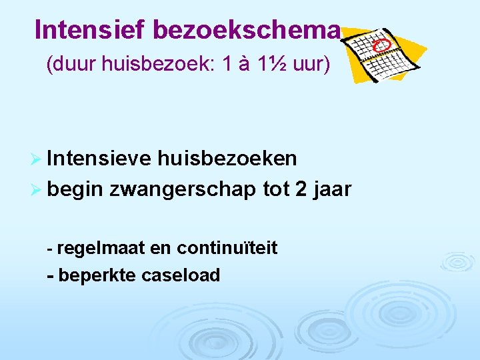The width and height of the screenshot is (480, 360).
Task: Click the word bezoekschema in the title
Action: point(247,29)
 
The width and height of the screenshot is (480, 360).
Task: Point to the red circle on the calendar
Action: point(382,45)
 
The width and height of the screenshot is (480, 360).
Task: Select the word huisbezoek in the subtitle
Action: point(155,65)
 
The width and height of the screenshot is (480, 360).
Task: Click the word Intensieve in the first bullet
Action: point(101,159)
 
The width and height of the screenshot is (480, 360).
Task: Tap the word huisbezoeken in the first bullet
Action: point(227,159)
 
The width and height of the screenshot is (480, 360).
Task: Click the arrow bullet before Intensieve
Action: point(39,159)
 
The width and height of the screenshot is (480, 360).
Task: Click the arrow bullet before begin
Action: point(39,190)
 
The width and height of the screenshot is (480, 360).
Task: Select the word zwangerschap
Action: point(183,190)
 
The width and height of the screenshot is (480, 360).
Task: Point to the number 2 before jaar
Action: point(302,190)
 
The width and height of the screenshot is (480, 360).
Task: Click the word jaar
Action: point(331,190)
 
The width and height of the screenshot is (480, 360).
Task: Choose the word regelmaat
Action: point(101,249)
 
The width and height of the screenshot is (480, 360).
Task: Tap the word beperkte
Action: point(97,275)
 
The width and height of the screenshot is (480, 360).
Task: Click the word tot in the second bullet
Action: point(276,190)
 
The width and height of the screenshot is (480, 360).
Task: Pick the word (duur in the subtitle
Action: point(69,65)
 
